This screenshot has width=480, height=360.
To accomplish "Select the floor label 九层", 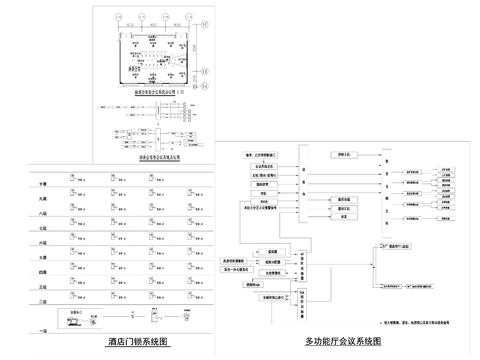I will [43, 199].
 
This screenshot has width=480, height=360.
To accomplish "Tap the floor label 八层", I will [43, 213].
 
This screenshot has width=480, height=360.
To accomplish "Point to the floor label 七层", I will [43, 228].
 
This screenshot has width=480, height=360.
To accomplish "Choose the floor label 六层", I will [43, 242].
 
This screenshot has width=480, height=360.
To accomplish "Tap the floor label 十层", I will [43, 185].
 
